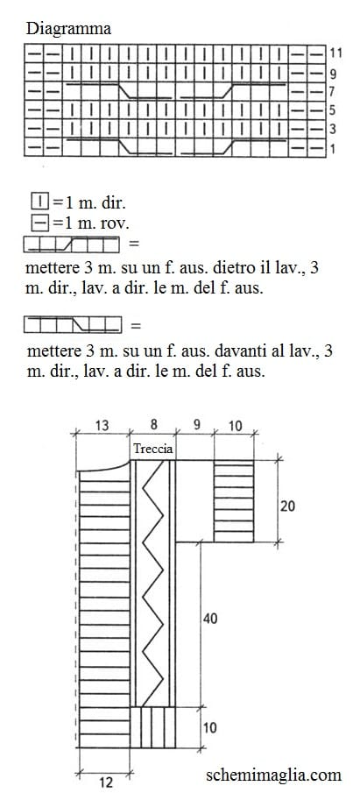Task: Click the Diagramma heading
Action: pyautogui.click(x=68, y=28)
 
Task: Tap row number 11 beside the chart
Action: pyautogui.click(x=335, y=52)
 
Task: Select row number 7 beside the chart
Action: pyautogui.click(x=333, y=93)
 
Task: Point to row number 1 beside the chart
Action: pyautogui.click(x=333, y=149)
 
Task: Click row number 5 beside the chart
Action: pyautogui.click(x=333, y=110)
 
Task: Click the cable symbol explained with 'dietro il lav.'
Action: pyautogui.click(x=72, y=244)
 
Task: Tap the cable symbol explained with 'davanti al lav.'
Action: pyautogui.click(x=73, y=325)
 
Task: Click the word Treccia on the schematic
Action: pyautogui.click(x=152, y=449)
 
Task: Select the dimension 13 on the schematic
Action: pyautogui.click(x=102, y=425)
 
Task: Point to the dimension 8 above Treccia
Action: pyautogui.click(x=153, y=424)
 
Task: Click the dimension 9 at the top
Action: pyautogui.click(x=195, y=425)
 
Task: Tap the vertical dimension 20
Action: pyautogui.click(x=287, y=506)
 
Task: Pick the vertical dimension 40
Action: pyautogui.click(x=210, y=618)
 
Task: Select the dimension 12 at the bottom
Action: pyautogui.click(x=106, y=782)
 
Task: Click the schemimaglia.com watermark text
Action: pyautogui.click(x=273, y=775)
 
